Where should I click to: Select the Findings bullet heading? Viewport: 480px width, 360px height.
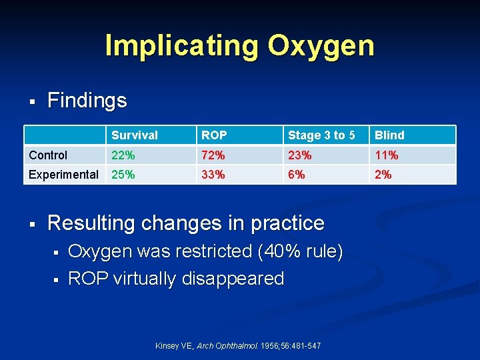87,101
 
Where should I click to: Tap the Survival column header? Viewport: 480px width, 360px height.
135,135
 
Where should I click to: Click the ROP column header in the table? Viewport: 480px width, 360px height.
214,135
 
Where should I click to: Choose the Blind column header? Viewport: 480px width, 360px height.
389,135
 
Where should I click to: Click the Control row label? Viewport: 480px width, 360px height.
48,155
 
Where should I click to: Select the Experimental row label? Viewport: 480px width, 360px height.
63,175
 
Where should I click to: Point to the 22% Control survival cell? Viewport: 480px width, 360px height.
123,155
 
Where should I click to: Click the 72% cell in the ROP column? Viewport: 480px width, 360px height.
213,155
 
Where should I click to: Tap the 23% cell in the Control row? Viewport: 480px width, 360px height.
299,155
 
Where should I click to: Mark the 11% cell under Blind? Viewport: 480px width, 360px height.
386,155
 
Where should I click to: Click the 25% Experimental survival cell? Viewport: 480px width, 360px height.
123,175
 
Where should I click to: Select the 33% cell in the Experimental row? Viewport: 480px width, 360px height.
213,175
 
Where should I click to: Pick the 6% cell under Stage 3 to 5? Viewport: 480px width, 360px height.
297,175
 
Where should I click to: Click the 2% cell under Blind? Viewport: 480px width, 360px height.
383,175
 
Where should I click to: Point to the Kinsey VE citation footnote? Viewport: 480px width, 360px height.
237,346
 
